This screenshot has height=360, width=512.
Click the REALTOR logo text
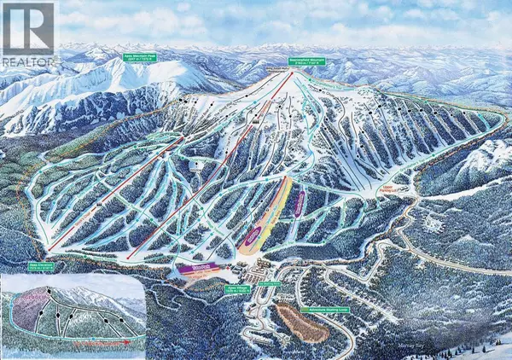[27, 61]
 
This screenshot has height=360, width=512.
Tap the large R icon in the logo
[27, 36]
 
